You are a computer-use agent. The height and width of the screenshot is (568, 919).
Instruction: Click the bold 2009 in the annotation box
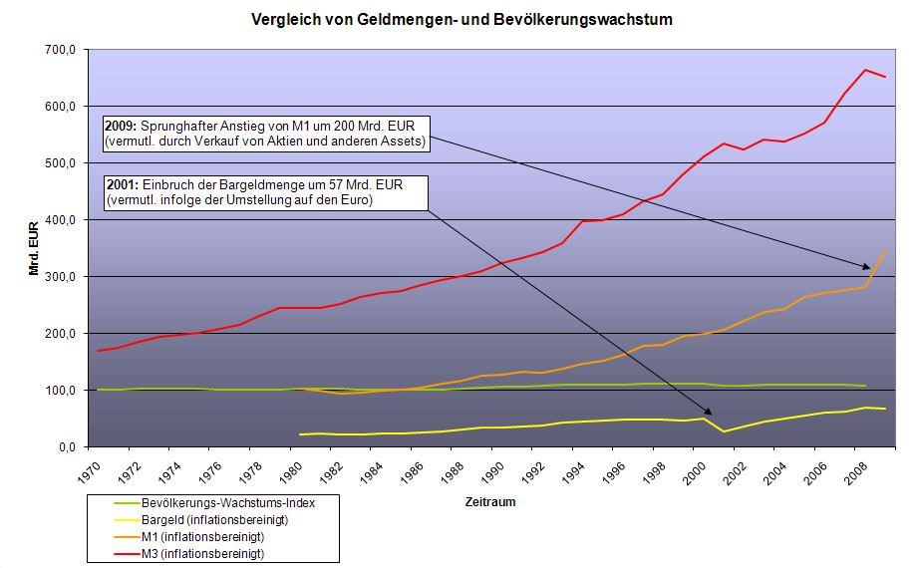click(x=121, y=127)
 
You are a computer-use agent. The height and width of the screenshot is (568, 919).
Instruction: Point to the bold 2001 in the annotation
click(x=121, y=184)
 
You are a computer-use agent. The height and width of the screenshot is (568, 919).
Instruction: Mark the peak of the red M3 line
click(x=865, y=70)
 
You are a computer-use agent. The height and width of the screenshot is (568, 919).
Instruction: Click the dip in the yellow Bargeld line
click(x=725, y=430)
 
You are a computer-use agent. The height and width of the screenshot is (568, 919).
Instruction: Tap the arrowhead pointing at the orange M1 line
click(x=868, y=266)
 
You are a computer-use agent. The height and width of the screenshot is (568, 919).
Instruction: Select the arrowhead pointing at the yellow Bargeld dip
click(x=711, y=412)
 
